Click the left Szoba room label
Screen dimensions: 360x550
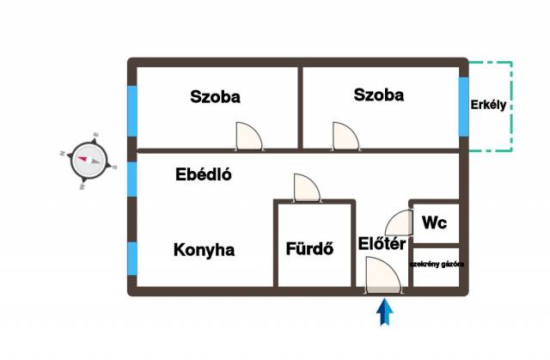tap(215, 97)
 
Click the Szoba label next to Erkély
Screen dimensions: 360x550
tap(378, 95)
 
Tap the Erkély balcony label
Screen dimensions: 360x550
tap(491, 106)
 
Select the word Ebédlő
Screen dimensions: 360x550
tap(204, 174)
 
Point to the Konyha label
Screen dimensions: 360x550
tap(205, 250)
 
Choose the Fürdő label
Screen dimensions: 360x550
tap(309, 250)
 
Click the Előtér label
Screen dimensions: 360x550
tap(382, 245)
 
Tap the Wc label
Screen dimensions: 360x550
tap(434, 223)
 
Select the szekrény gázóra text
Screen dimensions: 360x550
tap(437, 265)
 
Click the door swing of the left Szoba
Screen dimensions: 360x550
tap(248, 136)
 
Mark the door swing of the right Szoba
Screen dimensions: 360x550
tap(345, 136)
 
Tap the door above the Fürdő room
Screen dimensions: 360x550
tap(306, 186)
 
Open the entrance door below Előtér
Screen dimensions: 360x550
tap(382, 276)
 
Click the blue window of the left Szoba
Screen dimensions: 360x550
tap(132, 111)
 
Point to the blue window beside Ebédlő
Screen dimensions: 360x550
tap(132, 179)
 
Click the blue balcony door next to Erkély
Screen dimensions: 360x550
tap(464, 107)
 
